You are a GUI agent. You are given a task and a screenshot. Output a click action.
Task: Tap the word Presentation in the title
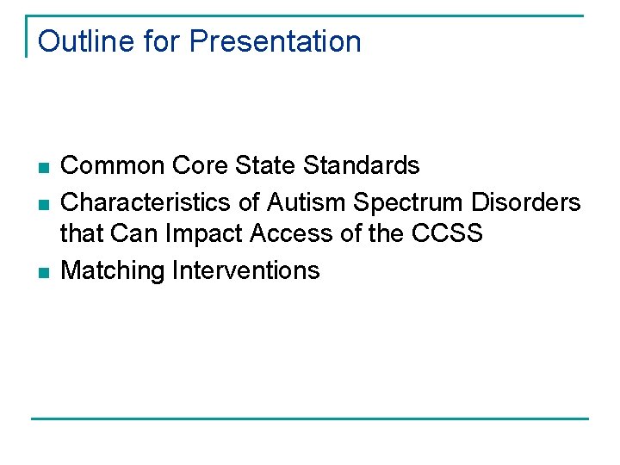[275, 41]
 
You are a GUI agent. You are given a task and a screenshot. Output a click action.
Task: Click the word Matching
[113, 270]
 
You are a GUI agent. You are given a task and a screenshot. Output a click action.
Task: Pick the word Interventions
[246, 270]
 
